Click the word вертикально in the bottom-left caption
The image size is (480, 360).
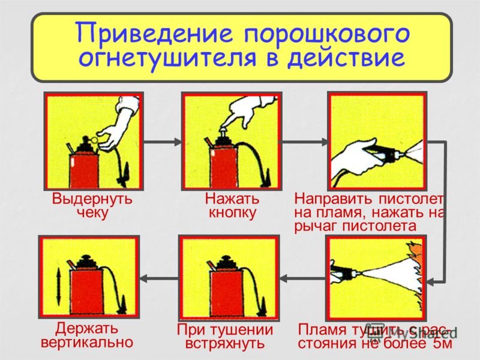coord(86,343)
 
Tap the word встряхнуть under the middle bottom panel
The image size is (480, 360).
coord(225,344)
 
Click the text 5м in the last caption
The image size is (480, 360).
coord(440,344)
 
